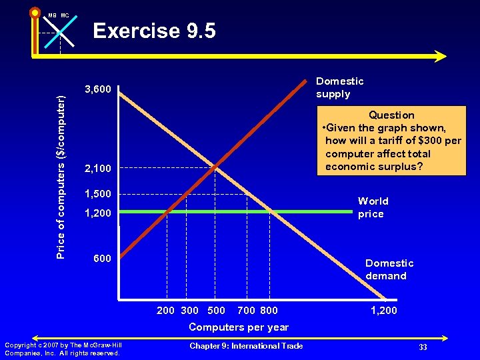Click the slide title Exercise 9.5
pyautogui.click(x=154, y=31)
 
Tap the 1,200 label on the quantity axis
pyautogui.click(x=383, y=310)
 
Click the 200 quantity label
pyautogui.click(x=166, y=310)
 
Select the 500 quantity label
pyautogui.click(x=217, y=310)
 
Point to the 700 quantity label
pyautogui.click(x=246, y=310)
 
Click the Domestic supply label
pyautogui.click(x=340, y=87)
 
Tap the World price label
pyautogui.click(x=373, y=207)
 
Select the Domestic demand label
pyautogui.click(x=389, y=269)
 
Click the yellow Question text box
pyautogui.click(x=391, y=141)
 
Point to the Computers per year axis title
pyautogui.click(x=239, y=327)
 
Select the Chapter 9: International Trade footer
pyautogui.click(x=246, y=345)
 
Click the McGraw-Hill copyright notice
pyautogui.click(x=62, y=349)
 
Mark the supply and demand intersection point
pyautogui.click(x=216, y=167)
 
